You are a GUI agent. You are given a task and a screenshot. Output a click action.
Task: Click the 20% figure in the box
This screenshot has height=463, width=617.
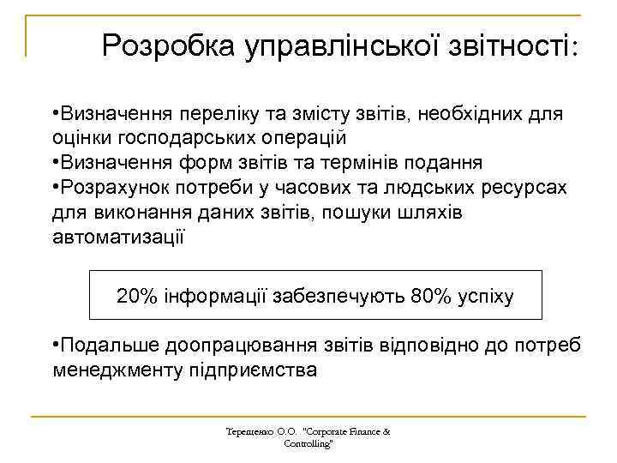pos(136,297)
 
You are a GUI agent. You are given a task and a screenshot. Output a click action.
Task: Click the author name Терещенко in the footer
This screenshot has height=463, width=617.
pos(249,431)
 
